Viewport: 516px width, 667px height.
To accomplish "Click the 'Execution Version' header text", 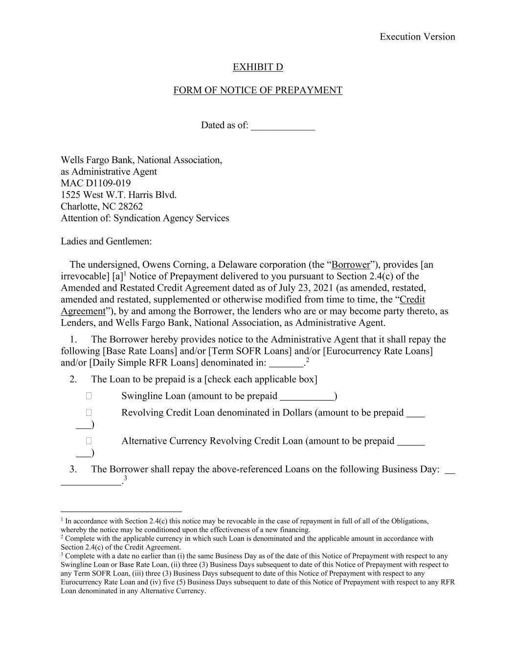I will tap(417, 37).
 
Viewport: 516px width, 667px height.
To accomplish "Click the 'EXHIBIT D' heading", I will tap(258, 67).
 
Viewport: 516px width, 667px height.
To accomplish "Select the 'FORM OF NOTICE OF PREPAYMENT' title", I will tap(258, 90).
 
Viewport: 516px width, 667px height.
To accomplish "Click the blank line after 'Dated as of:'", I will tap(283, 126).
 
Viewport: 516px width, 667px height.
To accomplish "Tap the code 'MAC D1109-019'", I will tap(96, 183).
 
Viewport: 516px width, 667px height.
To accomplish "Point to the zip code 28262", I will tap(131, 207).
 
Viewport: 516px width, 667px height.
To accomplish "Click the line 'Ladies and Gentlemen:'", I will tap(106, 241).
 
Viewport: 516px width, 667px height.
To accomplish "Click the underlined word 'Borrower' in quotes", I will tap(351, 265).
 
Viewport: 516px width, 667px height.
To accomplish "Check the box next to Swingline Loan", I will tap(89, 396).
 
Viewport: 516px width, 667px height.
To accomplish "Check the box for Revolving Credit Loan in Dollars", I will tap(89, 413).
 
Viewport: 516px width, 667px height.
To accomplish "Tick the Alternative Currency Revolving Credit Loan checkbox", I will tap(89, 441).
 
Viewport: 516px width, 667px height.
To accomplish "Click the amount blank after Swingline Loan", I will tap(307, 397).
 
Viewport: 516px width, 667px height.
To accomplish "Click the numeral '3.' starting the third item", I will tap(73, 470).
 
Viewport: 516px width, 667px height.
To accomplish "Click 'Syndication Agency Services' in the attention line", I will tap(171, 218).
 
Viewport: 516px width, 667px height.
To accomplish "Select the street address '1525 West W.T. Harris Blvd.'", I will tap(119, 195).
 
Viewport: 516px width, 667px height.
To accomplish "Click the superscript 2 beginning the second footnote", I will tap(62, 537).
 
